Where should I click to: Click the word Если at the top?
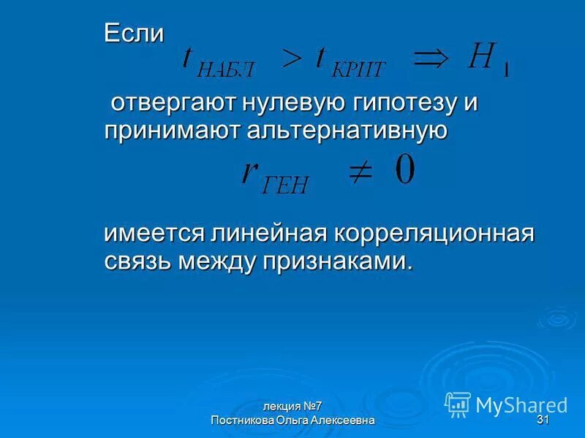coord(133,33)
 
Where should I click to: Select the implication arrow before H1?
coord(431,58)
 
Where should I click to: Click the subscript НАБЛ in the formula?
coord(227,71)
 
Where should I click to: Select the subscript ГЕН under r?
coord(284,184)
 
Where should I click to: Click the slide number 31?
coord(543,420)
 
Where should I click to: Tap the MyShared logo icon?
coord(458,404)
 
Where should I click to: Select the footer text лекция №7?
coord(292,407)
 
